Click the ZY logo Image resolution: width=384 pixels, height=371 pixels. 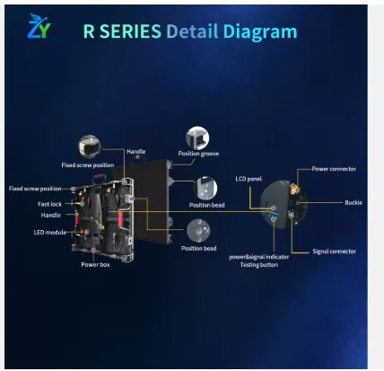tap(39, 26)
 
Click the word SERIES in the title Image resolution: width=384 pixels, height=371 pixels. tap(130, 31)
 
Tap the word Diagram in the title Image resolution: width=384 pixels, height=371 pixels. tap(260, 32)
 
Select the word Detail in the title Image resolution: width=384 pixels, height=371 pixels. tap(192, 31)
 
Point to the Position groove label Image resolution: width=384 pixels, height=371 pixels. tap(198, 154)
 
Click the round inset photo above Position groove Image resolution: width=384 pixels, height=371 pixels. tap(197, 137)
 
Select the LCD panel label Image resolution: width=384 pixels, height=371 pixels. tap(249, 179)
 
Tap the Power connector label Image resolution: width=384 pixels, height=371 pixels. tap(334, 169)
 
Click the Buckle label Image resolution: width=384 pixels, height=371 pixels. tap(353, 202)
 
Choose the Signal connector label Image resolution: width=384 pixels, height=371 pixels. tap(335, 252)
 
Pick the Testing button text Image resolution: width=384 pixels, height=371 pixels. tap(259, 265)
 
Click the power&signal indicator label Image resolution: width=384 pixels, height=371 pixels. tap(259, 257)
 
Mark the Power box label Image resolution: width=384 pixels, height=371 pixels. tap(95, 265)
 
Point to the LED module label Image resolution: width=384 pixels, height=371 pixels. tap(50, 233)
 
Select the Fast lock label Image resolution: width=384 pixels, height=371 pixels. tap(49, 204)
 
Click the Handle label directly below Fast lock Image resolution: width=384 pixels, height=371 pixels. tap(51, 216)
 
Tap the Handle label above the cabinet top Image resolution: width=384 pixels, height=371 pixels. tap(136, 152)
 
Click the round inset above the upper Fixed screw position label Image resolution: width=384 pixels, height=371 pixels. tap(90, 146)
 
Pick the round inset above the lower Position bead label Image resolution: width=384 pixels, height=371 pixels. tap(198, 231)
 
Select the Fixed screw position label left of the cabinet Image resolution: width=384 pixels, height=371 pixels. tap(35, 189)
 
